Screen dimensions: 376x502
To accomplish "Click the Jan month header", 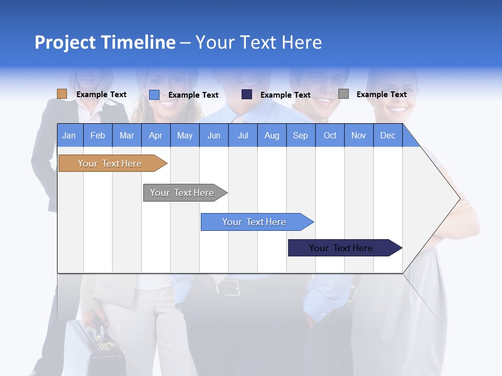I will pyautogui.click(x=70, y=135).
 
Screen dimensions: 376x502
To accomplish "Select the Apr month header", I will pyautogui.click(x=156, y=135).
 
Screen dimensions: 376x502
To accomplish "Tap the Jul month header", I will pyautogui.click(x=243, y=135).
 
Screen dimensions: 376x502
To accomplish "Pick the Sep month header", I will pyautogui.click(x=301, y=135).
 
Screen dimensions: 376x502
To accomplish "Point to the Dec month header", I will pyautogui.click(x=387, y=135).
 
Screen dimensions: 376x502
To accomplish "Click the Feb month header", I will pyautogui.click(x=98, y=135).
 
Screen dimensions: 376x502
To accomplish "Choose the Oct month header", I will pyautogui.click(x=330, y=135).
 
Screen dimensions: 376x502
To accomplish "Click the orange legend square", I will pyautogui.click(x=62, y=94).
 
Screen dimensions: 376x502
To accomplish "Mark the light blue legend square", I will pyautogui.click(x=154, y=95).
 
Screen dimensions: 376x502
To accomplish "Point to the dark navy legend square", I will pyautogui.click(x=247, y=95).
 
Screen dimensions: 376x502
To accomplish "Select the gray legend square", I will pyautogui.click(x=344, y=94).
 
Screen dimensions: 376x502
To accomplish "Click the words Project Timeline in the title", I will pyautogui.click(x=105, y=42).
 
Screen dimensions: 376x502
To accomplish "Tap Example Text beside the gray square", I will pyautogui.click(x=381, y=95).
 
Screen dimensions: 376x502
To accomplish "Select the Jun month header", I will pyautogui.click(x=214, y=135).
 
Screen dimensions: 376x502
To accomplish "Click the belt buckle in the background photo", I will pyautogui.click(x=231, y=287).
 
